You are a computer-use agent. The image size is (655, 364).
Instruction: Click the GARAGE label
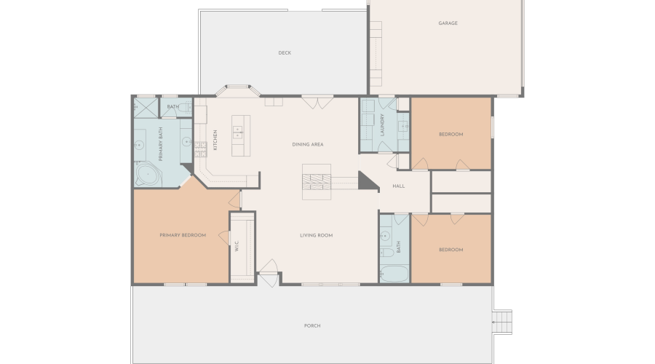[448, 23]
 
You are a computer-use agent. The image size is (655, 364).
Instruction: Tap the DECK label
[285, 52]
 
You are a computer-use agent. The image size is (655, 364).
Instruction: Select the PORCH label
[312, 325]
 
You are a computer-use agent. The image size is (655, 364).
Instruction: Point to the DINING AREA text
[308, 144]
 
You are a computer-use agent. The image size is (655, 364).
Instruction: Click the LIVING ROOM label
[317, 235]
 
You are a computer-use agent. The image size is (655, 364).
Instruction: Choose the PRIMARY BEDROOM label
[183, 235]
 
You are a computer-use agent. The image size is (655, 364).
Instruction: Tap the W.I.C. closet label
[237, 246]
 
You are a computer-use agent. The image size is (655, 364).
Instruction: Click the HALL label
[399, 186]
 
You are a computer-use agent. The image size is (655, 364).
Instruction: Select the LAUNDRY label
[382, 125]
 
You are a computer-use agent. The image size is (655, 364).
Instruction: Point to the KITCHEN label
[215, 140]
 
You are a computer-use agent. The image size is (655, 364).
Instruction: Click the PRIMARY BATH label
[161, 144]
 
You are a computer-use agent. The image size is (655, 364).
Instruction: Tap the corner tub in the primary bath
[148, 174]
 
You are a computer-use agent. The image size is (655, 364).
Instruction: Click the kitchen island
[241, 136]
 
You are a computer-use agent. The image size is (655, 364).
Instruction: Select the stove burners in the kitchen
[201, 149]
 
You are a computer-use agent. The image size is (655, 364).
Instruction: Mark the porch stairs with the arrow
[502, 323]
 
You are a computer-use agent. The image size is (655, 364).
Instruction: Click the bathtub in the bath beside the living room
[394, 274]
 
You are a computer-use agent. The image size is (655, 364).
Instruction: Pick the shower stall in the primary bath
[146, 108]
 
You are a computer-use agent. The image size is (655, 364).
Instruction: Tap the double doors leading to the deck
[317, 103]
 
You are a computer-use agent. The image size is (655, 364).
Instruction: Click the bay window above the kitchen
[238, 90]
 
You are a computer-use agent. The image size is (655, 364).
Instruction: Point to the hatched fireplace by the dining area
[317, 182]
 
